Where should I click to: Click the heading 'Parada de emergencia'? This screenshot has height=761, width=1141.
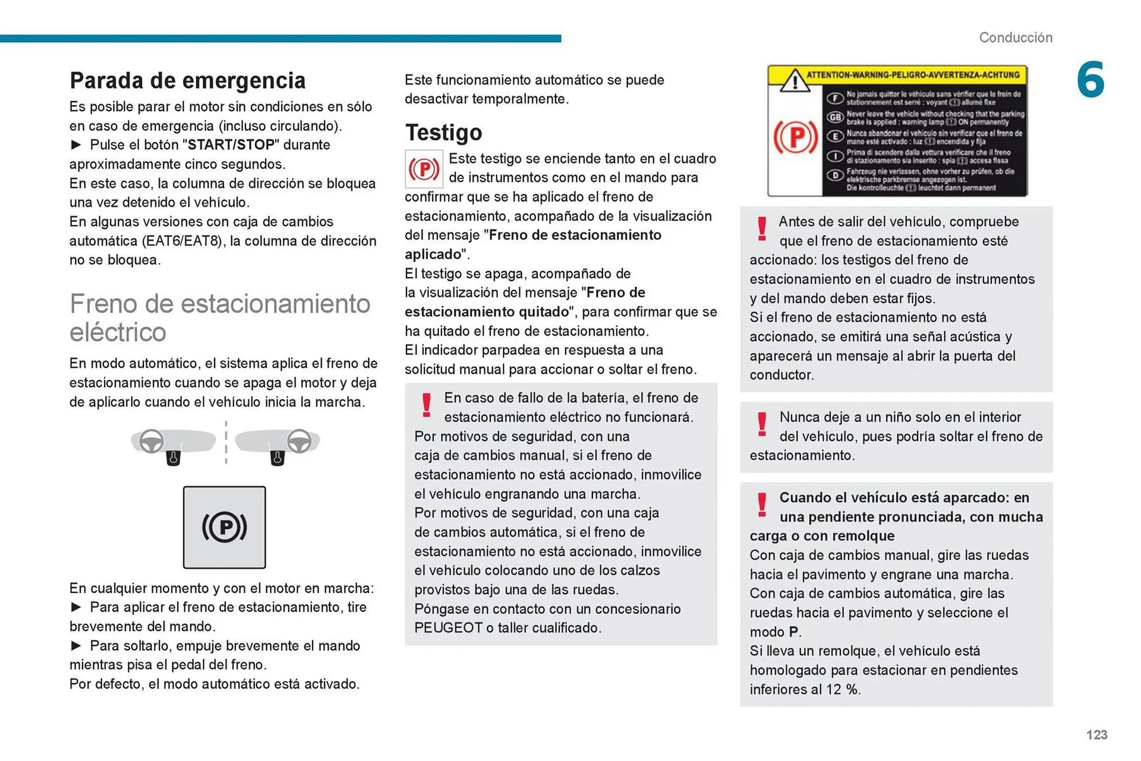(x=187, y=80)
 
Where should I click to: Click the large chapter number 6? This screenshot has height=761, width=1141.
(x=1090, y=80)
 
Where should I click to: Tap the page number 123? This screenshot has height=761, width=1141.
(x=1096, y=734)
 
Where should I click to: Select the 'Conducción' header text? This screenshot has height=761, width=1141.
(x=1015, y=37)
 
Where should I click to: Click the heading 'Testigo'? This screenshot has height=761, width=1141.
(x=443, y=132)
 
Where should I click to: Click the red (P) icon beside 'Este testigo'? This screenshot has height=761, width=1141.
(x=424, y=169)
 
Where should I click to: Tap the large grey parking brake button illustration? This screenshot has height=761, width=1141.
(x=224, y=527)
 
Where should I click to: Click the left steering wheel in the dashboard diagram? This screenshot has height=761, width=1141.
(x=152, y=441)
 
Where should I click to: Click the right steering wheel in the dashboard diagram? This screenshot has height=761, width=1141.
(x=299, y=441)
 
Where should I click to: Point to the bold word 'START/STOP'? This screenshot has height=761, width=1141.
(x=231, y=145)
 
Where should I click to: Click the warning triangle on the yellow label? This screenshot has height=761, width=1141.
(x=794, y=81)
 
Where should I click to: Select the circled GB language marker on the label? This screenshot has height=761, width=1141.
(x=835, y=117)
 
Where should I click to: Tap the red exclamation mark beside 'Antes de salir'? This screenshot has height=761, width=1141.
(x=761, y=229)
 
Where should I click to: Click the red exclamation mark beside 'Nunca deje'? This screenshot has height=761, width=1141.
(x=761, y=424)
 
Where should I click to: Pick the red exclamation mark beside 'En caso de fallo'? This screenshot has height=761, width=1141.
(x=426, y=405)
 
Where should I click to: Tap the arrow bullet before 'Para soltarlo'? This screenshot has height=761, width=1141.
(x=76, y=646)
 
